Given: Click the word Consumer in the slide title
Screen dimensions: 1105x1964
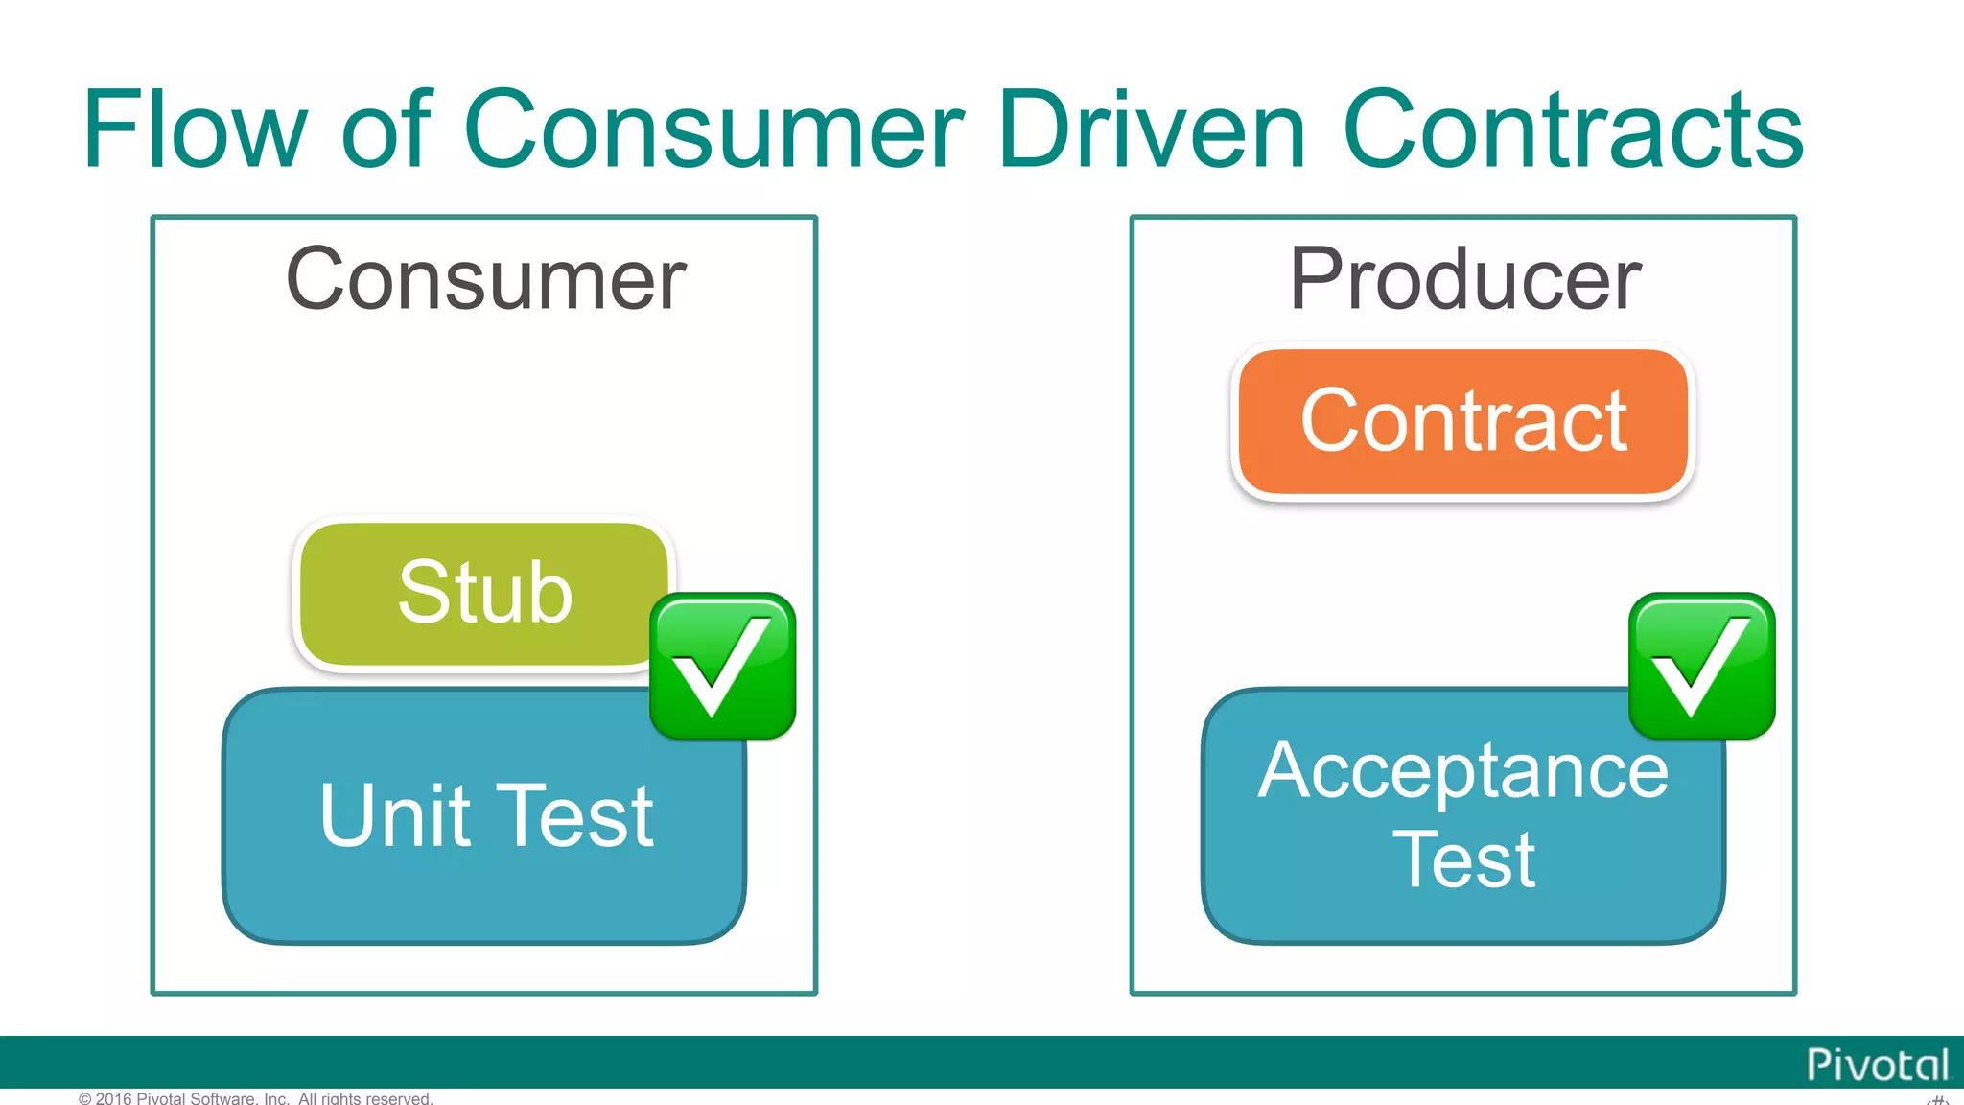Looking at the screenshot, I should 713,129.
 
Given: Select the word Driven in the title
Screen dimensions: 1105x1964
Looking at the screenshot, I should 1151,129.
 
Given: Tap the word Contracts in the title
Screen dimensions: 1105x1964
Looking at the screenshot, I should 1573,129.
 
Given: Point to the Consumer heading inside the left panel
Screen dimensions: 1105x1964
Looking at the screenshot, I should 485,279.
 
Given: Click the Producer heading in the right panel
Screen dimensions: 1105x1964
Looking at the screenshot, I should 1464,279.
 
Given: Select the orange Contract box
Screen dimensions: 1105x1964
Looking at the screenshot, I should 1462,422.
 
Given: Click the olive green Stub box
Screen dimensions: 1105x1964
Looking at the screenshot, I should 484,593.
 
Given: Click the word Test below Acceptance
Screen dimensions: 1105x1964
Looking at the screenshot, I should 1462,859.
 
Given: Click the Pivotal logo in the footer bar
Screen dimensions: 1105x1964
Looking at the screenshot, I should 1877,1065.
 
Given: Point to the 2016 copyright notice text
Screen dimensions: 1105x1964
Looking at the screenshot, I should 255,1098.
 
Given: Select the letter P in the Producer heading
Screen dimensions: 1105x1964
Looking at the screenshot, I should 1316,279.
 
